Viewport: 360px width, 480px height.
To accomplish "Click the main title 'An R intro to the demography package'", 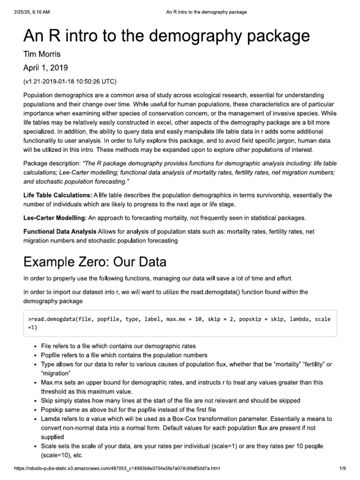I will pyautogui.click(x=166, y=36).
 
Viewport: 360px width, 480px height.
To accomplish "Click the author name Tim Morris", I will pyautogui.click(x=43, y=55).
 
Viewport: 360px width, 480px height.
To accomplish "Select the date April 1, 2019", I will pyautogui.click(x=46, y=68).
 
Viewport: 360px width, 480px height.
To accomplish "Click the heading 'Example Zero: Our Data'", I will pyautogui.click(x=94, y=261).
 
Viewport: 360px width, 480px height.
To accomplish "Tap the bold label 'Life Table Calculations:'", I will pyautogui.click(x=58, y=195).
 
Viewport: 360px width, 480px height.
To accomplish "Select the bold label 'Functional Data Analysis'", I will pyautogui.click(x=60, y=232).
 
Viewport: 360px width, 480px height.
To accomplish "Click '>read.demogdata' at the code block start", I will pyautogui.click(x=52, y=319).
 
